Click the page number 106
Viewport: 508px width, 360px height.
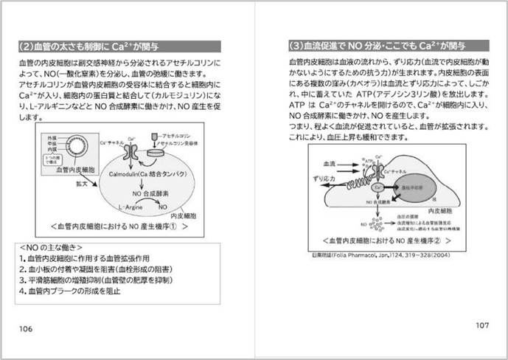click(25, 328)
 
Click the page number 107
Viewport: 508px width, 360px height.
click(481, 325)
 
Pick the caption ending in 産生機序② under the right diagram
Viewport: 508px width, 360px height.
click(382, 240)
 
